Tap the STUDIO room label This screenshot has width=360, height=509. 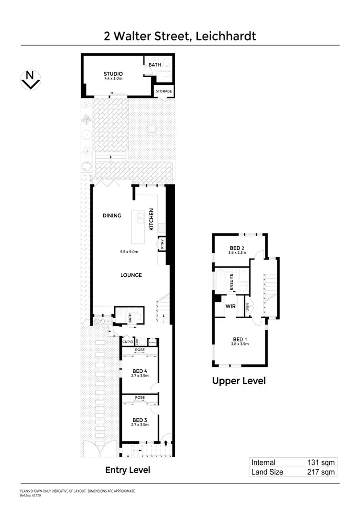[113, 73]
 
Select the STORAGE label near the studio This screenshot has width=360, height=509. [163, 91]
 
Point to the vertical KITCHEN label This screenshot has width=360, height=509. [151, 219]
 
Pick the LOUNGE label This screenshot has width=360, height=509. [131, 275]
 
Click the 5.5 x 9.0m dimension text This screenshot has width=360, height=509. [129, 252]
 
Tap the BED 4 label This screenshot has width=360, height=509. [139, 370]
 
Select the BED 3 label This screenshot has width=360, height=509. [139, 419]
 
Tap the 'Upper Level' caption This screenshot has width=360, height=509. [239, 381]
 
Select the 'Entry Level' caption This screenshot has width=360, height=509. [128, 470]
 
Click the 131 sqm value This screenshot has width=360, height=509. [321, 462]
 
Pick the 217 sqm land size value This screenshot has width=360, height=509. [321, 472]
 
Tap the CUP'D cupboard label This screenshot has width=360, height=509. [128, 342]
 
